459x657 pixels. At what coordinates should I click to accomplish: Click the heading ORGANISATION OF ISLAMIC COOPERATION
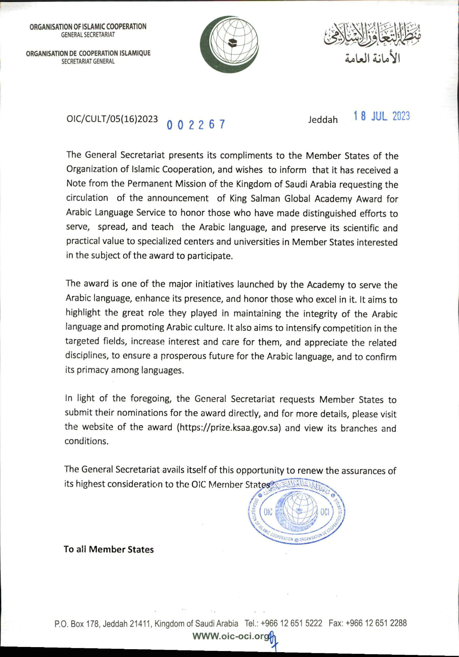tap(88, 27)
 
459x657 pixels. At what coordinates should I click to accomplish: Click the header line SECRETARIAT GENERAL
tap(88, 61)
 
